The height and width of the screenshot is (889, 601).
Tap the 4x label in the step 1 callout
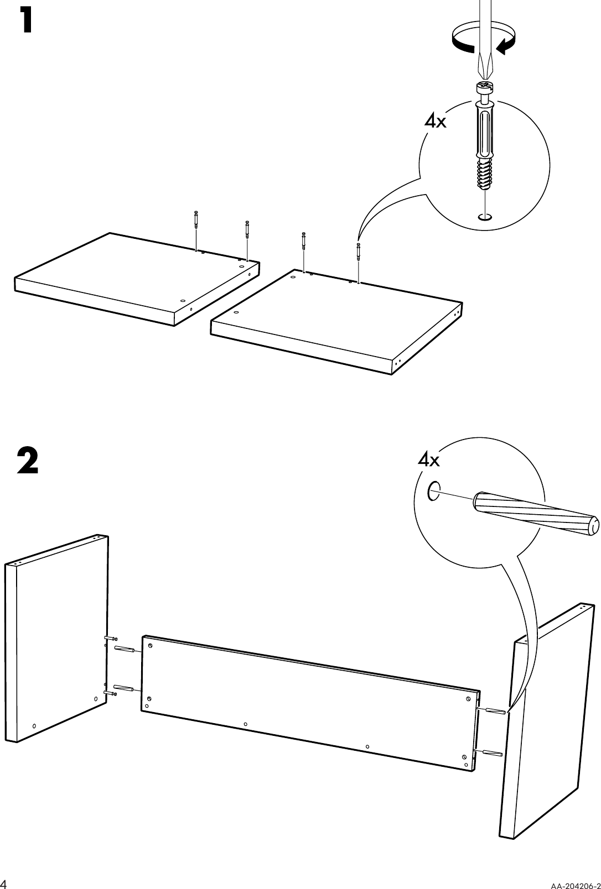click(x=435, y=121)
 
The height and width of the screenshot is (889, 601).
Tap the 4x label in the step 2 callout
click(x=428, y=459)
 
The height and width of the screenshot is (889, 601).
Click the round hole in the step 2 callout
click(x=434, y=490)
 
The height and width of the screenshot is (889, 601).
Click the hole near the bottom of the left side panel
click(x=34, y=725)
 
